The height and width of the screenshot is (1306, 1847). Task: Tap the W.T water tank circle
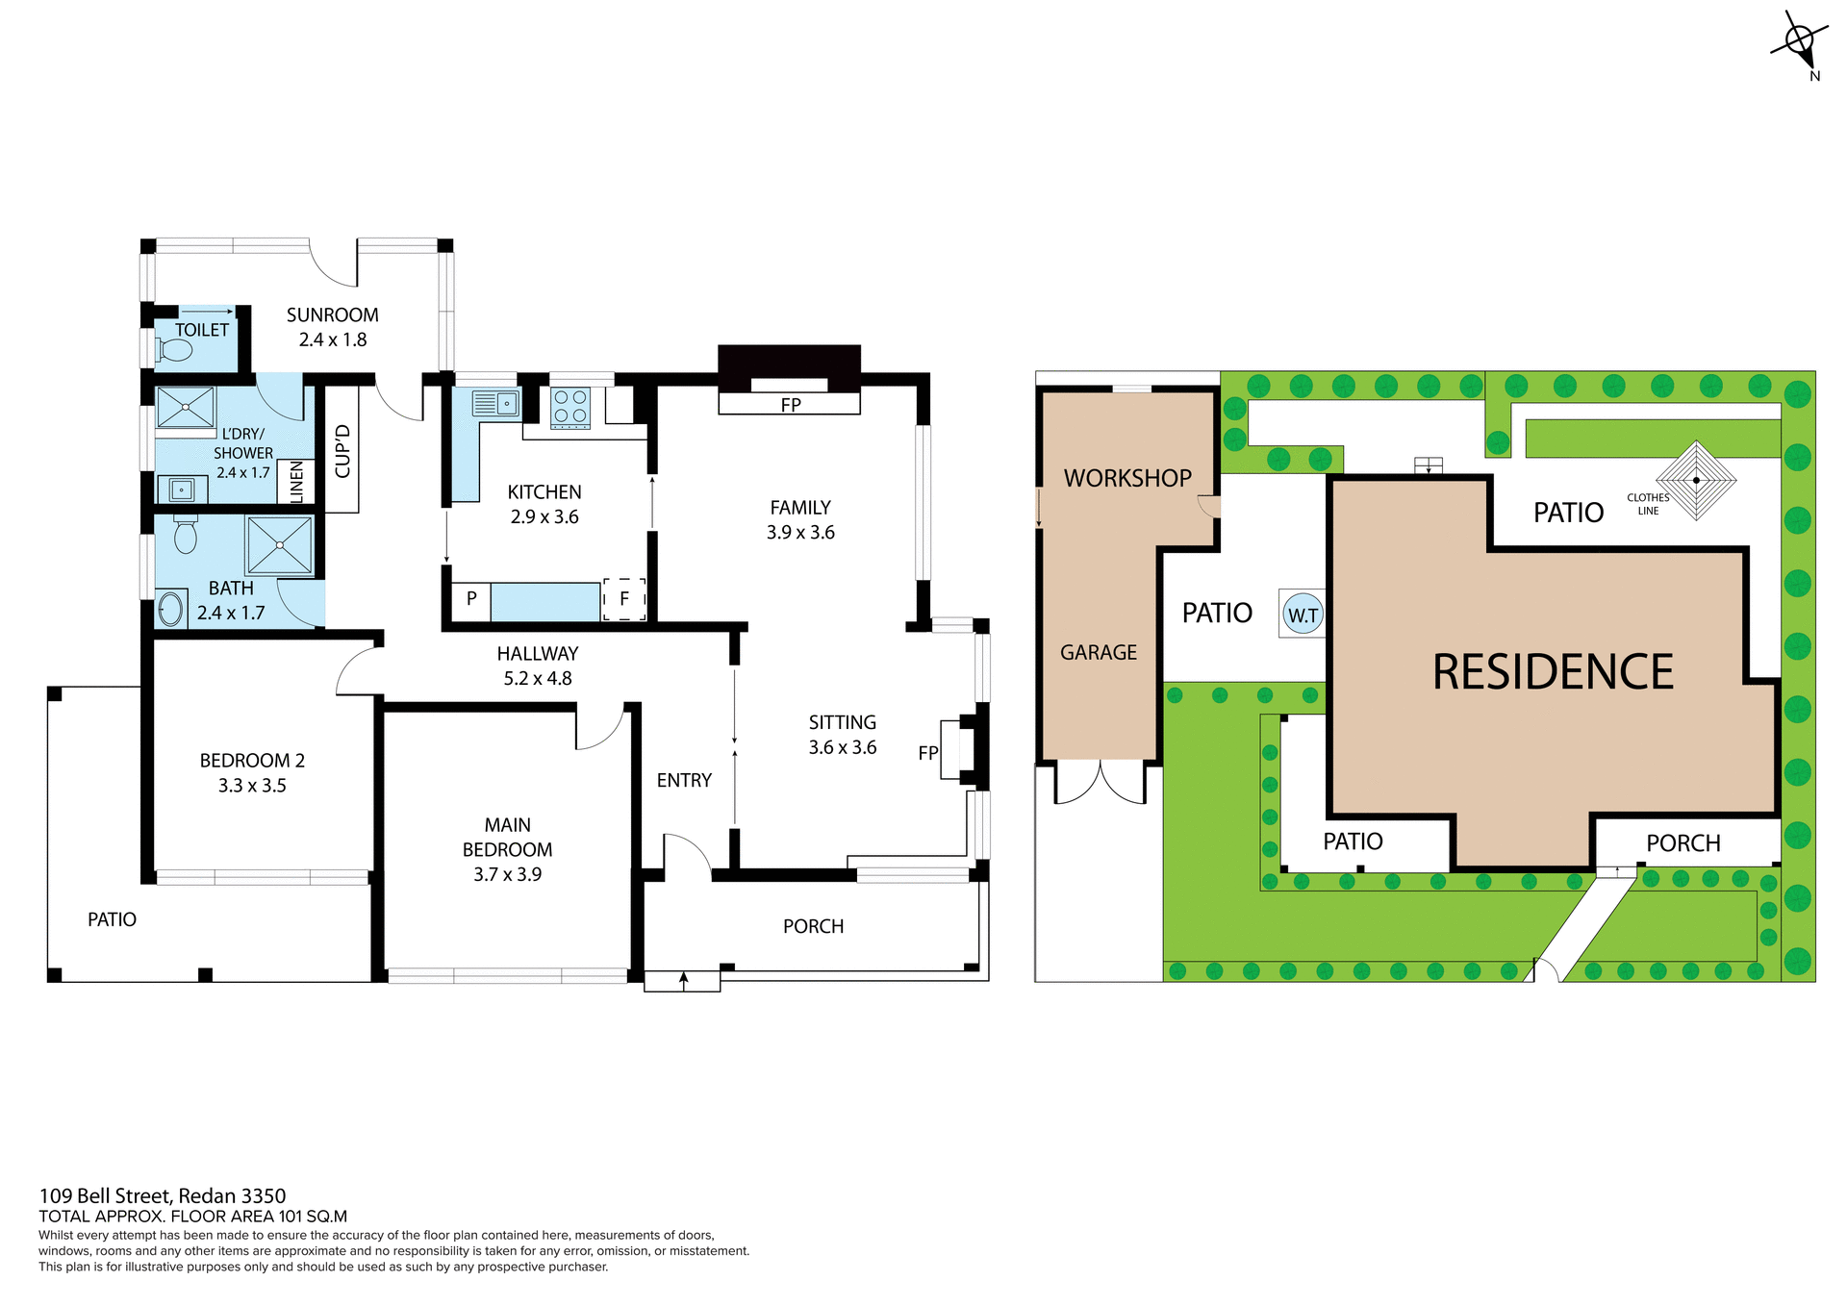click(x=1303, y=615)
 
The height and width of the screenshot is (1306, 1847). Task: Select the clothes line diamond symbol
click(x=1696, y=480)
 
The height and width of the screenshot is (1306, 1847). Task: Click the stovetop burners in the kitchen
click(x=570, y=407)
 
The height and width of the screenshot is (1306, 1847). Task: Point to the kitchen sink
click(x=496, y=403)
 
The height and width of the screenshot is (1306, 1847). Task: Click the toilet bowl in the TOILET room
click(x=174, y=351)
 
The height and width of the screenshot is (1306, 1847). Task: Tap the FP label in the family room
click(x=790, y=405)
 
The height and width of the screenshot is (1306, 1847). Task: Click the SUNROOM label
click(x=332, y=315)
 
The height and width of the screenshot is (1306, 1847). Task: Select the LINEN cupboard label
click(x=296, y=481)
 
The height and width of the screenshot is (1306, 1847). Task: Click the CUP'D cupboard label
click(x=342, y=450)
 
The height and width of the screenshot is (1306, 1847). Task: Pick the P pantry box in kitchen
click(x=471, y=599)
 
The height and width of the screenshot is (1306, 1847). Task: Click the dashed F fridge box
click(x=623, y=599)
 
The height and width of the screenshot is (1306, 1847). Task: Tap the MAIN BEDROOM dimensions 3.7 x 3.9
click(x=507, y=874)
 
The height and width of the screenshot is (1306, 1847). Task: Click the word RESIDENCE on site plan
click(x=1553, y=671)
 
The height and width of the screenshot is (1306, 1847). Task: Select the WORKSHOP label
click(x=1126, y=478)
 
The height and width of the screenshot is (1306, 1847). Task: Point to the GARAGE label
click(x=1098, y=653)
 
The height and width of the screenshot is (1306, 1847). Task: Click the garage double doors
click(x=1101, y=781)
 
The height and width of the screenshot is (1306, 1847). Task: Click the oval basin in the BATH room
click(x=171, y=609)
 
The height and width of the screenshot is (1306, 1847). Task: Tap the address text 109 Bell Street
click(x=162, y=1195)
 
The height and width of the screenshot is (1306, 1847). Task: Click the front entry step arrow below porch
click(x=683, y=980)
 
